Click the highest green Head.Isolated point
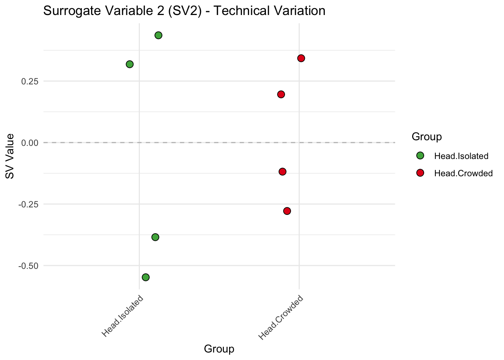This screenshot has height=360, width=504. coord(158,35)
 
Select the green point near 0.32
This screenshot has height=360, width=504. coord(130,64)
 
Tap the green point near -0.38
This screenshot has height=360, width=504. coord(155,237)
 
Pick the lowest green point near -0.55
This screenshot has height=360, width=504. coord(146,277)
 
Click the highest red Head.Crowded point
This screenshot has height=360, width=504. coord(301,58)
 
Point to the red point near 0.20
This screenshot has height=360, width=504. coord(281,94)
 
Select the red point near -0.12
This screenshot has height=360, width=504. coord(283,172)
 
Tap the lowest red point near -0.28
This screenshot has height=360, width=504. coord(287,211)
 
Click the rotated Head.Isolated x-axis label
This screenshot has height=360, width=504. coord(123,316)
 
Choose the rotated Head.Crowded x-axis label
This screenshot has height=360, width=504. coord(281,318)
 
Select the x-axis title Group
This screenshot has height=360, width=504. coord(219,349)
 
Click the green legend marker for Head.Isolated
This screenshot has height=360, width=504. coord(420,156)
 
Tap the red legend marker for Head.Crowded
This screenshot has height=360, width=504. coord(420,173)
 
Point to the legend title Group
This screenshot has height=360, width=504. coord(426,137)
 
